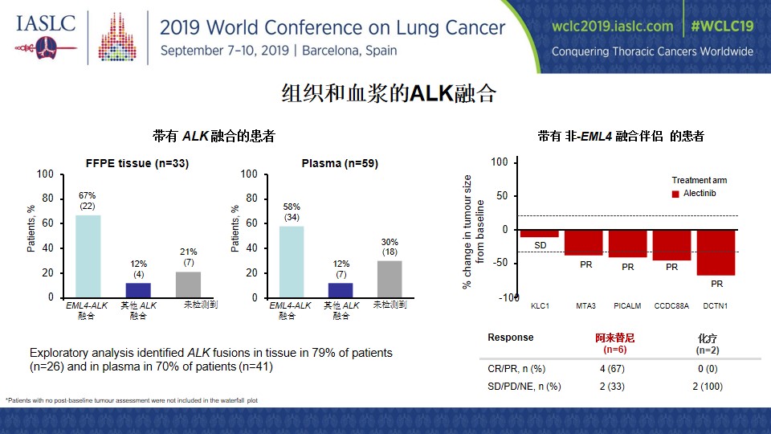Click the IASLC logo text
click(x=46, y=23)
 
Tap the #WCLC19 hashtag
click(x=722, y=26)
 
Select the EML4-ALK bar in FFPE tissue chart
click(x=88, y=256)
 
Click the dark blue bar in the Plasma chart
click(x=341, y=290)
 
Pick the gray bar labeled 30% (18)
click(x=390, y=279)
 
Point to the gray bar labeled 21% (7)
click(x=188, y=285)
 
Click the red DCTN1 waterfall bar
click(x=716, y=252)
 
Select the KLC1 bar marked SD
click(x=540, y=234)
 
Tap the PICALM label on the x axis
click(x=627, y=306)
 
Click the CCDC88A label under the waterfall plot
click(x=671, y=306)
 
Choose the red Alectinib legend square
click(x=675, y=194)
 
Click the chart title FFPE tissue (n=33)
click(x=137, y=163)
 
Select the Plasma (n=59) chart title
click(x=340, y=163)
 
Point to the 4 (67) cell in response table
click(x=612, y=369)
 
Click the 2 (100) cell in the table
click(x=708, y=387)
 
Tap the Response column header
click(x=511, y=338)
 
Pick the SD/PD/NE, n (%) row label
click(x=524, y=387)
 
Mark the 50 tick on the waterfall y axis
click(x=501, y=195)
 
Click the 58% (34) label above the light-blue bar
click(x=292, y=212)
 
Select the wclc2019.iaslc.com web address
click(x=612, y=26)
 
